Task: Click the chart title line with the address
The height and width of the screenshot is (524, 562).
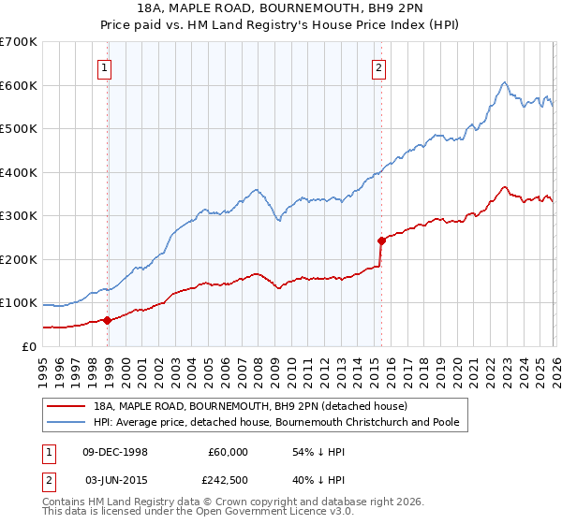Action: [281, 8]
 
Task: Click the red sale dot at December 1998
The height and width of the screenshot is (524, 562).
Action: [107, 320]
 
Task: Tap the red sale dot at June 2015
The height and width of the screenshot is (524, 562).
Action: [381, 240]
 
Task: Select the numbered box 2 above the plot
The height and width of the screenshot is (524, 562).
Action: [378, 67]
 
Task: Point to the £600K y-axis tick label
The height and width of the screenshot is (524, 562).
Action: [19, 85]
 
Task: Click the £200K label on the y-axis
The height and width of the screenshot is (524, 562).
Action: [19, 259]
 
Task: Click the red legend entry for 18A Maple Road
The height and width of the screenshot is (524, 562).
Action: [250, 406]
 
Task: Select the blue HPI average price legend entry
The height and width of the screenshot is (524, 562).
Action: [275, 423]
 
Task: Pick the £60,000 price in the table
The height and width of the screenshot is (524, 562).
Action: [228, 452]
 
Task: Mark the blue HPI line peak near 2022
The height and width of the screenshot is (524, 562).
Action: [504, 82]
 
